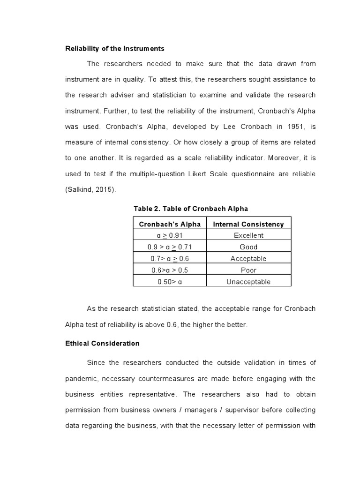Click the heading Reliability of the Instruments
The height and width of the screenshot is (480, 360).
114,48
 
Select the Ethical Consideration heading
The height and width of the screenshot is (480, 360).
102,343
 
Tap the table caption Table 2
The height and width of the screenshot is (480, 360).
191,209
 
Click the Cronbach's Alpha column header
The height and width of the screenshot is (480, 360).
170,224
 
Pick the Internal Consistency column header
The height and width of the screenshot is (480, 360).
248,224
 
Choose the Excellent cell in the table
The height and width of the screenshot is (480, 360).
248,235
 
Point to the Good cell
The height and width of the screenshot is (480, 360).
248,247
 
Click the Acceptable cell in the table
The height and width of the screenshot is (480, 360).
248,258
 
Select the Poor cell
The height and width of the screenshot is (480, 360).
248,270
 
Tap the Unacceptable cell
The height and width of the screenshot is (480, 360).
248,282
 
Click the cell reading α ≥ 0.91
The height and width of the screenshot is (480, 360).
170,235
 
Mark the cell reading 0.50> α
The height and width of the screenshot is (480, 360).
170,282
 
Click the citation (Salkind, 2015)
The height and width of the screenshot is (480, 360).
91,189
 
